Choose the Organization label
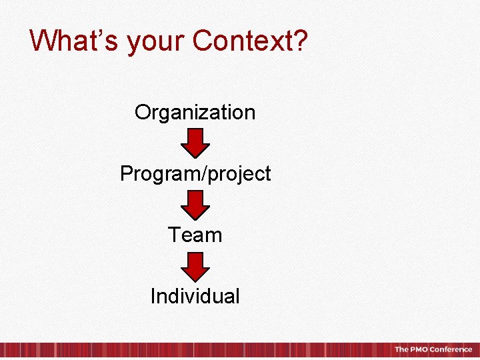pos(195,112)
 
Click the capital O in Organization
pos(142,112)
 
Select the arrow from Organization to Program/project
pos(195,143)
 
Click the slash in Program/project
pos(206,173)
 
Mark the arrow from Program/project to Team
pos(195,205)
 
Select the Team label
pos(195,235)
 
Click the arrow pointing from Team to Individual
pos(195,266)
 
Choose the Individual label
pos(195,295)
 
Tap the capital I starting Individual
pos(153,295)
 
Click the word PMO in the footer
pos(418,349)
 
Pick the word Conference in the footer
pos(451,349)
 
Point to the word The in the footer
pos(401,349)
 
